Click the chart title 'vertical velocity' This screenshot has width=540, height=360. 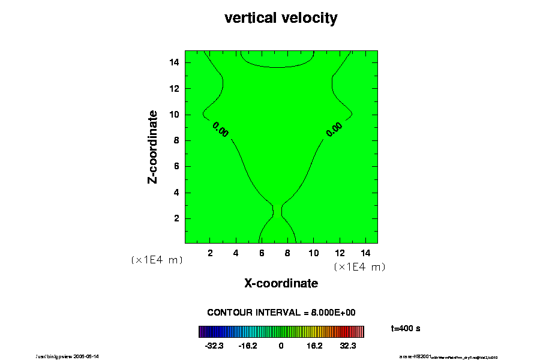(x=281, y=18)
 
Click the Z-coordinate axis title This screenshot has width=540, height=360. (x=153, y=146)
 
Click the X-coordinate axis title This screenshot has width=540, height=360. (x=281, y=283)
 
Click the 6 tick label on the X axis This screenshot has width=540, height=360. (x=262, y=253)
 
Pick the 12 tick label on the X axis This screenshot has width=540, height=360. (x=339, y=253)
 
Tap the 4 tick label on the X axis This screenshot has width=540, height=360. (x=236, y=253)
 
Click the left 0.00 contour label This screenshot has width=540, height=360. (x=220, y=129)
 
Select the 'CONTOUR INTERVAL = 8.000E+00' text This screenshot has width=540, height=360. (x=281, y=313)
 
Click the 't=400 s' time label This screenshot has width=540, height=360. (x=404, y=328)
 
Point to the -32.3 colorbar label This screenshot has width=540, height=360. (x=214, y=346)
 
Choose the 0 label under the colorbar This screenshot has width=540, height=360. (x=281, y=346)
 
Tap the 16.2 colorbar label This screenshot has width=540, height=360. (x=314, y=346)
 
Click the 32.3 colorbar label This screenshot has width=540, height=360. (x=348, y=346)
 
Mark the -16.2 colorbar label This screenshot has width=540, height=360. (x=248, y=346)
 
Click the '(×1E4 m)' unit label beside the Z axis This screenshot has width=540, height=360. (x=157, y=260)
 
